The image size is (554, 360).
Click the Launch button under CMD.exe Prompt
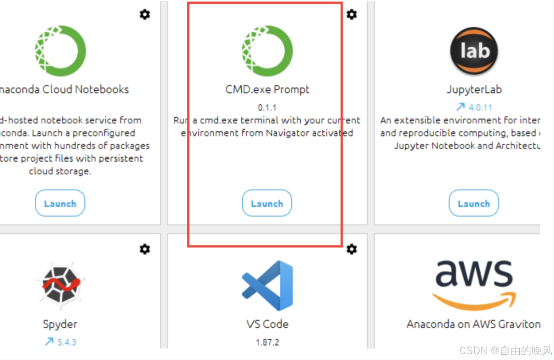(267, 203)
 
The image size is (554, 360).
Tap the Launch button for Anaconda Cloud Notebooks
(60, 203)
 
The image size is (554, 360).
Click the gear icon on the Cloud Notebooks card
(145, 14)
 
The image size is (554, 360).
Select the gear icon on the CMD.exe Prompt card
(352, 14)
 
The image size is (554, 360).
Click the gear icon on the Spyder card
(145, 249)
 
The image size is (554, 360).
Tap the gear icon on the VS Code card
(352, 249)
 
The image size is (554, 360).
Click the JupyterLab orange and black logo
(474, 51)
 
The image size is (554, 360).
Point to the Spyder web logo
(60, 285)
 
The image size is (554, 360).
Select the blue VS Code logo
(267, 285)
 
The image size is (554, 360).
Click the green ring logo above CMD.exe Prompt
(267, 51)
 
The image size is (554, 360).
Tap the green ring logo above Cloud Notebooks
(60, 51)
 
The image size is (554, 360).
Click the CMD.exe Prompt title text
(267, 90)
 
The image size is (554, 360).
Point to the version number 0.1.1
(267, 107)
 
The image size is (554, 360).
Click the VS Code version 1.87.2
(267, 342)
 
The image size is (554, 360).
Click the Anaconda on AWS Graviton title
(473, 324)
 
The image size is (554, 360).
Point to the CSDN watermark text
(504, 350)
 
